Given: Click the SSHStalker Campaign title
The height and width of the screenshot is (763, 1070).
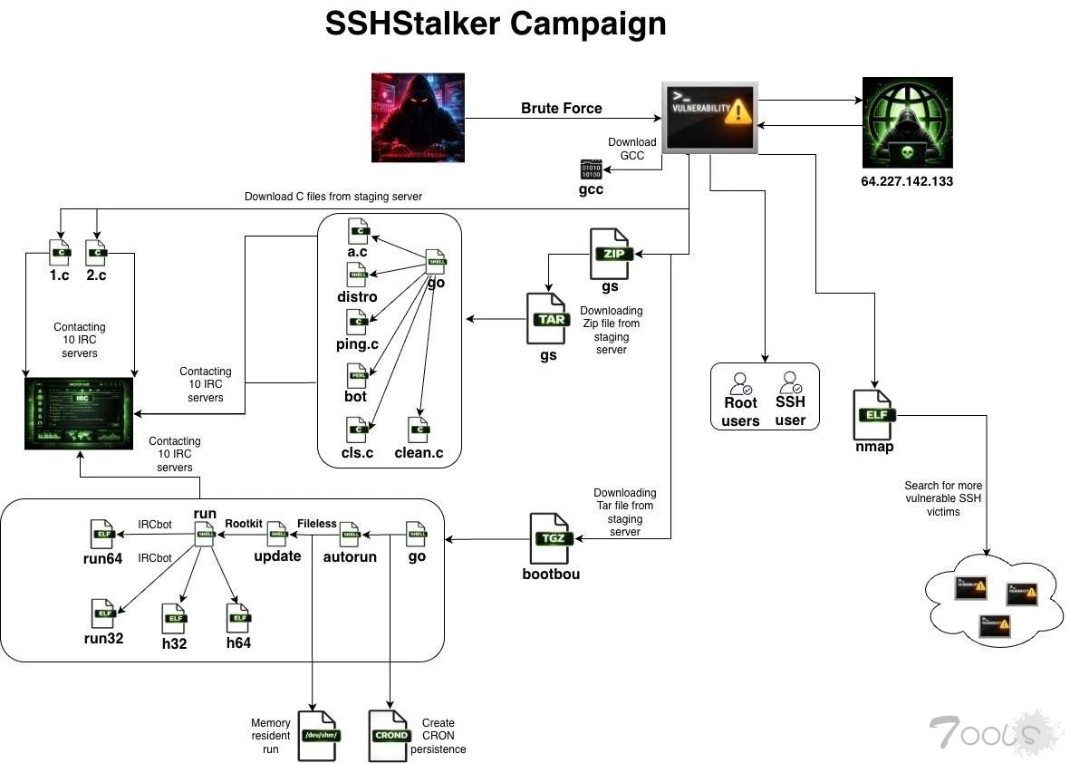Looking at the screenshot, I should tap(496, 24).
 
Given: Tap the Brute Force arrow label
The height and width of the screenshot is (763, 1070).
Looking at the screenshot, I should tap(561, 109).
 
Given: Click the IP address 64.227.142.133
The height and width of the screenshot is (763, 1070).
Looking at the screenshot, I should tap(906, 181).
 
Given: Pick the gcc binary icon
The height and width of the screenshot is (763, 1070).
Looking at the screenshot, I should tap(591, 169).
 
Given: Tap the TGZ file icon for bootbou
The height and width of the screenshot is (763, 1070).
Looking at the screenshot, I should tap(551, 538).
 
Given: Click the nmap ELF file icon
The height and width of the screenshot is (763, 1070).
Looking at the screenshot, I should tap(876, 413).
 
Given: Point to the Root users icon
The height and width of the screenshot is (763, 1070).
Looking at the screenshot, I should tap(740, 383).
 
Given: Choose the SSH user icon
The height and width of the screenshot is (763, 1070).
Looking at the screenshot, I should tap(790, 383).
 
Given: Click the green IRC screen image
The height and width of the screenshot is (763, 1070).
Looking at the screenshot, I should tap(79, 413).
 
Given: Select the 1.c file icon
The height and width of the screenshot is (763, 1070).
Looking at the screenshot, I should tap(60, 252).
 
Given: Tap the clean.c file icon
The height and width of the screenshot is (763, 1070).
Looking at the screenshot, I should tap(419, 430).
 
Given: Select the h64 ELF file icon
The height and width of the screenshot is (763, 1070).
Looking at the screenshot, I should tap(238, 618).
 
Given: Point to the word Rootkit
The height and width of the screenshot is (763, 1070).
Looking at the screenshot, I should tap(243, 523).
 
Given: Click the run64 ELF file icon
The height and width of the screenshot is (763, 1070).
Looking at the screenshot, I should tap(102, 534).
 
